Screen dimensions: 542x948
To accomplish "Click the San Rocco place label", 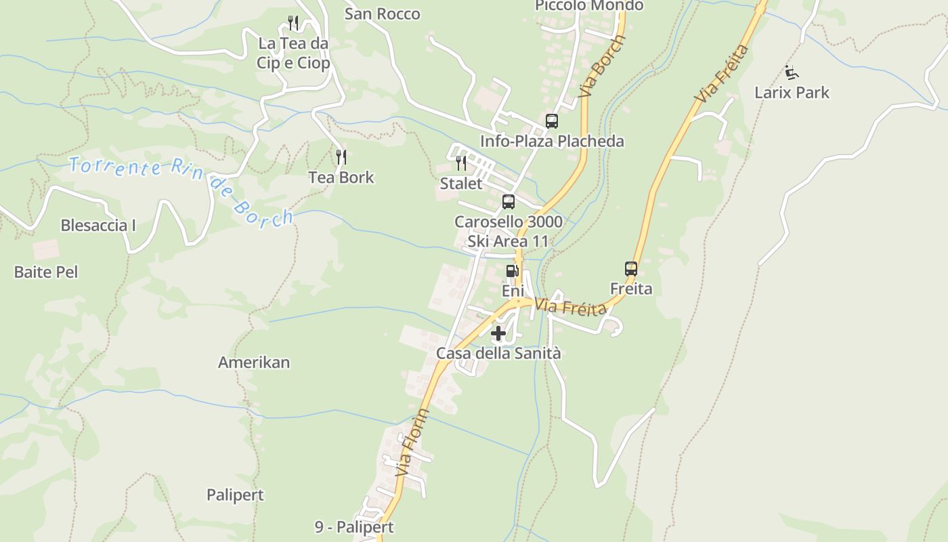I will click(x=382, y=14).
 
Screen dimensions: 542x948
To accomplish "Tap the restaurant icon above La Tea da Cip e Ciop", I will click(x=293, y=23).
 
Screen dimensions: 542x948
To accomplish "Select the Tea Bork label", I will click(x=341, y=178).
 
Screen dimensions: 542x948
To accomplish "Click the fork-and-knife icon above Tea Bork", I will click(x=341, y=157).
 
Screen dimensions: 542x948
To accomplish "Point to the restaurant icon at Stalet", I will click(x=461, y=163).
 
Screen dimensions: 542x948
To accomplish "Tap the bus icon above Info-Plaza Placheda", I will click(x=552, y=121).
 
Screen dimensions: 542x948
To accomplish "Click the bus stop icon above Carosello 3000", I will click(x=509, y=201).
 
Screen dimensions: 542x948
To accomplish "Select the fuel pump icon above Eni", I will click(x=513, y=271).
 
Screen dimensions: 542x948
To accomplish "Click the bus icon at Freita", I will click(x=631, y=269).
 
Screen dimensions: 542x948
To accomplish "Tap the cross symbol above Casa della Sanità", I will click(x=498, y=333).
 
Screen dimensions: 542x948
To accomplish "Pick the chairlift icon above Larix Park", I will click(x=792, y=72).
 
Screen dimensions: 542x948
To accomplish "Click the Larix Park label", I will click(x=792, y=92).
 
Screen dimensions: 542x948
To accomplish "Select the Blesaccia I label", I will click(x=98, y=226).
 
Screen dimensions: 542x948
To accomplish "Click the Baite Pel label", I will click(x=46, y=272).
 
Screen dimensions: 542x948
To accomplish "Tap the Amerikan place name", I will click(x=254, y=362).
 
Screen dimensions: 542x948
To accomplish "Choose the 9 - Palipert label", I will click(x=354, y=527).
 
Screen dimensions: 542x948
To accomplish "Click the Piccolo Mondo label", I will click(x=589, y=6).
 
